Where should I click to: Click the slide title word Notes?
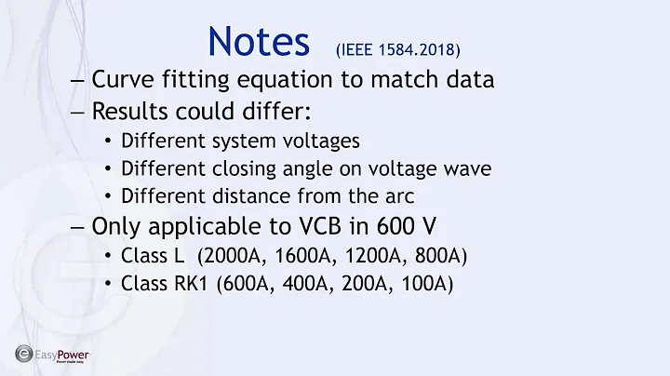point(259,41)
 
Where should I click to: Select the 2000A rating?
point(228,255)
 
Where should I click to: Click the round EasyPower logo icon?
point(22,354)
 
